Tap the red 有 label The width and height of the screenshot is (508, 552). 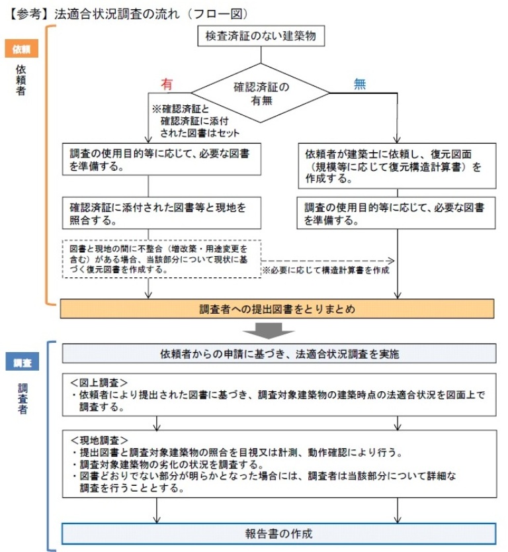[167, 85]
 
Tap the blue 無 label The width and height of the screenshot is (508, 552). [360, 85]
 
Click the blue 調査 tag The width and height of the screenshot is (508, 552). [22, 363]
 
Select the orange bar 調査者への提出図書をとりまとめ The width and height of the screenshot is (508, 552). [277, 308]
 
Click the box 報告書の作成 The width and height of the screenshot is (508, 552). [278, 533]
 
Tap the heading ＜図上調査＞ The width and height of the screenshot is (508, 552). [99, 384]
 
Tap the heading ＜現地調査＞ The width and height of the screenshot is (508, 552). [99, 440]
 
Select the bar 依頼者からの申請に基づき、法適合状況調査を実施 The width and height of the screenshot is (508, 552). [278, 353]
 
